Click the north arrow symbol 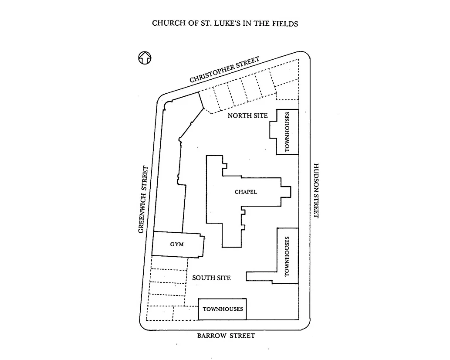pos(145,58)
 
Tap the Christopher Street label pos(225,70)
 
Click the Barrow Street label pos(226,336)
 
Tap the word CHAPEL pos(246,192)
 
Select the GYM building pos(177,245)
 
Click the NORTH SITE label pos(247,115)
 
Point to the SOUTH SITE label pos(211,278)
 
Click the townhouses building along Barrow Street pos(223,309)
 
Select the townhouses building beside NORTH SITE pos(287,132)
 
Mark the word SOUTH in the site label pos(202,278)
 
